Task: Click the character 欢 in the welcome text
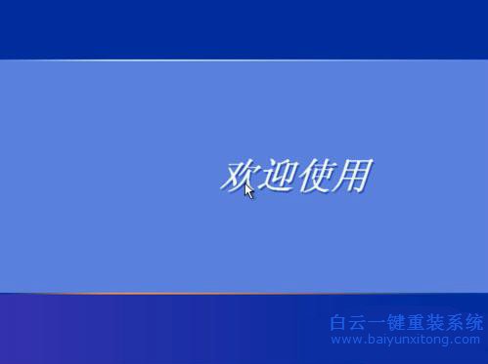[239, 176]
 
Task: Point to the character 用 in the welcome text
[352, 176]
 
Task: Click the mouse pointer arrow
[249, 190]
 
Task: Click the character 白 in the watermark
[338, 322]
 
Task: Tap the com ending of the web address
[468, 341]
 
